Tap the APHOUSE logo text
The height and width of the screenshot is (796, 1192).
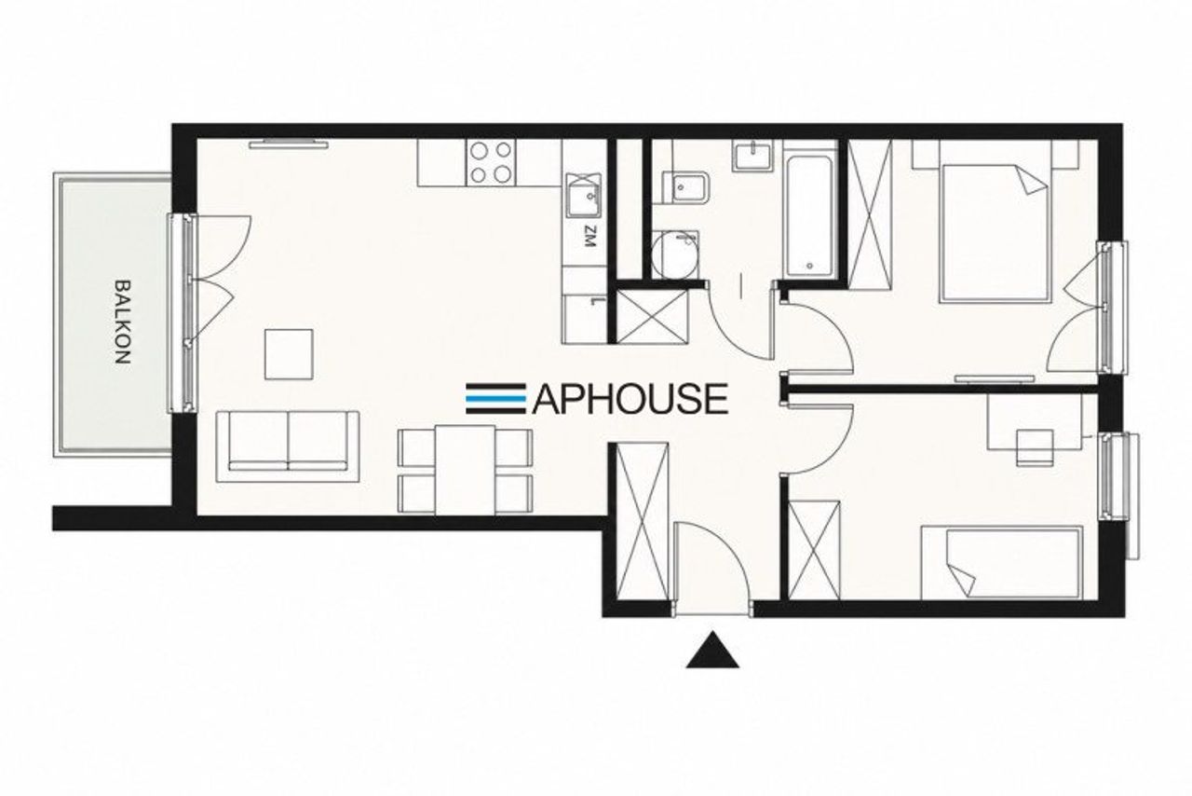pyautogui.click(x=630, y=399)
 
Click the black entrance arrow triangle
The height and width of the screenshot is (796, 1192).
pyautogui.click(x=712, y=650)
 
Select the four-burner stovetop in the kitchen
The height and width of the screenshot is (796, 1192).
pyautogui.click(x=491, y=162)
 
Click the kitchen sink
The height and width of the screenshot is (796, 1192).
pyautogui.click(x=584, y=195)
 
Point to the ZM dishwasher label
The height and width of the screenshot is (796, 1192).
pyautogui.click(x=589, y=237)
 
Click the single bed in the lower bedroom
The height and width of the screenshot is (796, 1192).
pyautogui.click(x=1002, y=562)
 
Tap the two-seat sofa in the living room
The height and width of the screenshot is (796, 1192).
pyautogui.click(x=288, y=446)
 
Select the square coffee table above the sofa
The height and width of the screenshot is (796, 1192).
pyautogui.click(x=289, y=354)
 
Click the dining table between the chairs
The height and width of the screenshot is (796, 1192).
pyautogui.click(x=465, y=470)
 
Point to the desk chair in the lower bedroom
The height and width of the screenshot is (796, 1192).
pyautogui.click(x=1035, y=448)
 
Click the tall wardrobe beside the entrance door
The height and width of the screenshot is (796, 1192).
pyautogui.click(x=642, y=522)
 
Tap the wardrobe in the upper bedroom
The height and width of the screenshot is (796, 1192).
pyautogui.click(x=870, y=214)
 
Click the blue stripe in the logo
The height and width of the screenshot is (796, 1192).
pyautogui.click(x=496, y=397)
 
